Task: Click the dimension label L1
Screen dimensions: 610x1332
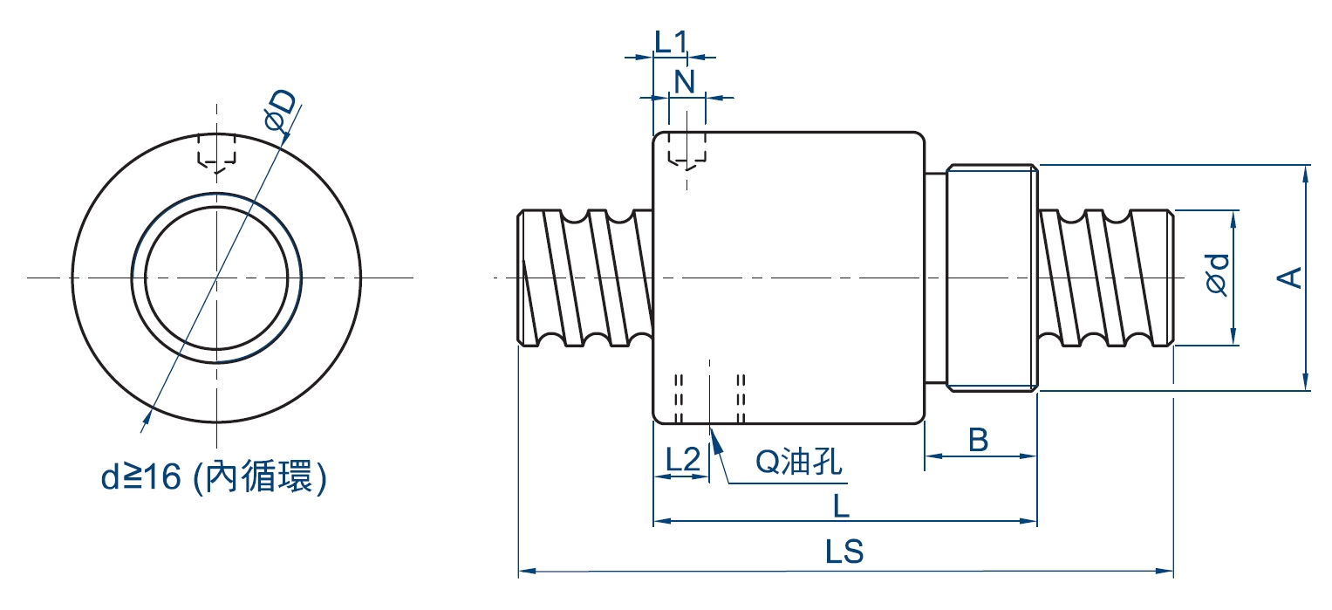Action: click(x=671, y=41)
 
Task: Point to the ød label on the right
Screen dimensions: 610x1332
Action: click(x=1219, y=273)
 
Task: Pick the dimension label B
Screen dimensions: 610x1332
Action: click(x=978, y=440)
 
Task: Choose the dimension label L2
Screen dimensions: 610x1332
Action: click(x=683, y=460)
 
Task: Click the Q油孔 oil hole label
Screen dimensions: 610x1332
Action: click(x=799, y=463)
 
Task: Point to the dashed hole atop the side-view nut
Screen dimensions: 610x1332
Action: click(x=686, y=150)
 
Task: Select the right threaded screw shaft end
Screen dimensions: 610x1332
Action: click(x=1105, y=278)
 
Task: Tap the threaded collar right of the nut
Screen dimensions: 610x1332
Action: click(x=992, y=277)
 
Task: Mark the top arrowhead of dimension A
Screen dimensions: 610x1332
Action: click(x=1305, y=173)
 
